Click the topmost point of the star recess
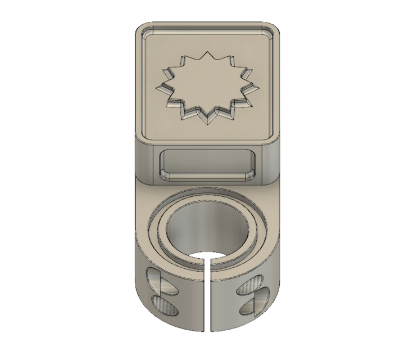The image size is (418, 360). tap(209, 51)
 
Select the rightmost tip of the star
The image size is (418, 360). tap(259, 87)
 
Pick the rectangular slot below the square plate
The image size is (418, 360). tap(208, 165)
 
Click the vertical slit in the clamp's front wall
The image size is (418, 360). tap(208, 298)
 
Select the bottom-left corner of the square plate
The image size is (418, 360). tap(140, 137)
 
